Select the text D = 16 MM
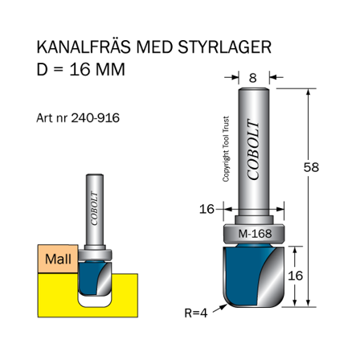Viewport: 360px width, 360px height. click(81, 69)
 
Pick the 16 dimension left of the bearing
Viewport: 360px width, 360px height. click(207, 209)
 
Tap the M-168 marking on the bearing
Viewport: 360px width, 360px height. click(254, 235)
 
